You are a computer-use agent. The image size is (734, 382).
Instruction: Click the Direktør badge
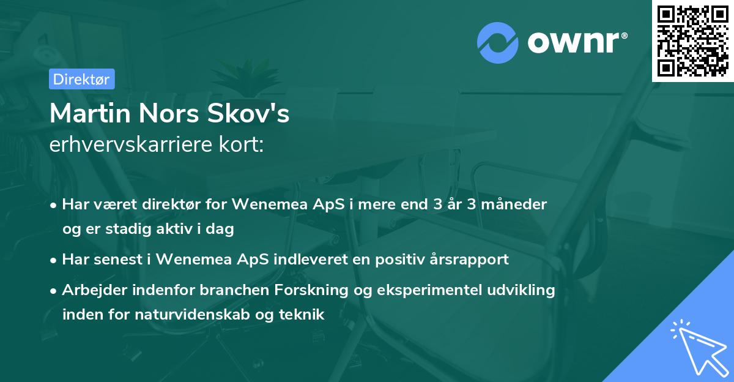coord(81,79)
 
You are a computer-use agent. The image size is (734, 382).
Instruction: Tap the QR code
coord(692,41)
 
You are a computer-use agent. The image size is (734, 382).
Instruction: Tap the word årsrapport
coord(470,259)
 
